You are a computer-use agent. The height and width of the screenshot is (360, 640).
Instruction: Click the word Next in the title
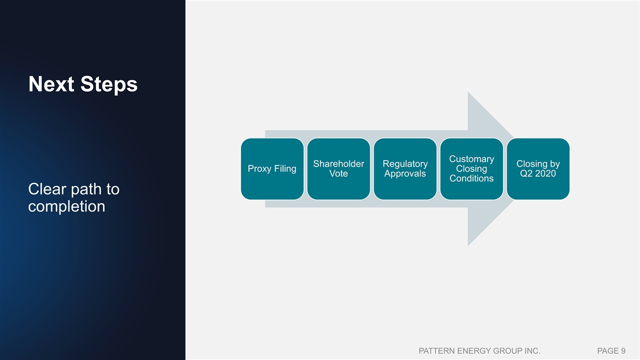click(51, 84)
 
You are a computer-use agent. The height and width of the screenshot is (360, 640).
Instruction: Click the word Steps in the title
click(109, 85)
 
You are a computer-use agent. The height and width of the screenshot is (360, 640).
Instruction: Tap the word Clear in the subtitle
click(47, 189)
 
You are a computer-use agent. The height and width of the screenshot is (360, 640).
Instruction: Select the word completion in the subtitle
click(66, 206)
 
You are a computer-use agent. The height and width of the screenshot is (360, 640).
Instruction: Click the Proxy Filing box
click(272, 169)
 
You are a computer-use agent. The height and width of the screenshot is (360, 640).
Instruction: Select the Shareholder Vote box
click(338, 169)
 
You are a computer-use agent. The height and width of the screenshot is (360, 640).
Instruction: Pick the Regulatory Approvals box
click(405, 169)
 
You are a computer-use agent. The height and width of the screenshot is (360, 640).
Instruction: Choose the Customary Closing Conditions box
click(471, 169)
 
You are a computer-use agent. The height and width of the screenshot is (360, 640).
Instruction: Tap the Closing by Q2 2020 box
click(538, 169)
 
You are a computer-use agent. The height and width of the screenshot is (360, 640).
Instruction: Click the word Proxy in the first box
click(259, 169)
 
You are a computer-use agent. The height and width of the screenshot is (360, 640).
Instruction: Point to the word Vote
click(338, 173)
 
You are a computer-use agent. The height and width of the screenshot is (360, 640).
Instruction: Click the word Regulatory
click(405, 164)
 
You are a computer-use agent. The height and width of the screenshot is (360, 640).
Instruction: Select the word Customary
click(471, 159)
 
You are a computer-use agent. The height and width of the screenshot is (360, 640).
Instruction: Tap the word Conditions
click(471, 178)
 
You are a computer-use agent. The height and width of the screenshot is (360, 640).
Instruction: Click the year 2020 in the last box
click(545, 173)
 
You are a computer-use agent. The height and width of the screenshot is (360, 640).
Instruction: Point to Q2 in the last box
click(526, 173)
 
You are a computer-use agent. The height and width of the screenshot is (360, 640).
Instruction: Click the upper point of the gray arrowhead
click(468, 92)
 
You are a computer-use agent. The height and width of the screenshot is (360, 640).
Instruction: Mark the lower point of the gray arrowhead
click(468, 245)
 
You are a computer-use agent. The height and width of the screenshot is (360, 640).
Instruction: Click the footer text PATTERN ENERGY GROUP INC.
click(479, 350)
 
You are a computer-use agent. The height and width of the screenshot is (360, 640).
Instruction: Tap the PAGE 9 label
click(611, 350)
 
